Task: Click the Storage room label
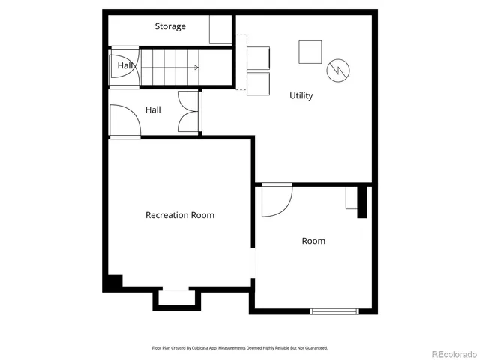pos(170,27)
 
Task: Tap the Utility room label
pos(301,96)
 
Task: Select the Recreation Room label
pos(179,215)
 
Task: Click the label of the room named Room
pos(313,241)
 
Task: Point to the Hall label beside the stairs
pos(124,67)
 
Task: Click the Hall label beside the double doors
pos(153,110)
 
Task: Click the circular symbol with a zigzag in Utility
pos(337,70)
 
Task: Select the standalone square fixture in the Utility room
pos(310,51)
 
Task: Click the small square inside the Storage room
pos(220,31)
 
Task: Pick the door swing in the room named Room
pos(275,200)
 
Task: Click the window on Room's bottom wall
pos(334,310)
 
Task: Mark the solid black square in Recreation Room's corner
pos(112,283)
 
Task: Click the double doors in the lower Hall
pos(189,113)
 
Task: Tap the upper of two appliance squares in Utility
pos(257,57)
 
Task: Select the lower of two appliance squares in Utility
pos(257,82)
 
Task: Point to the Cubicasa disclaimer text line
pos(240,348)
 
